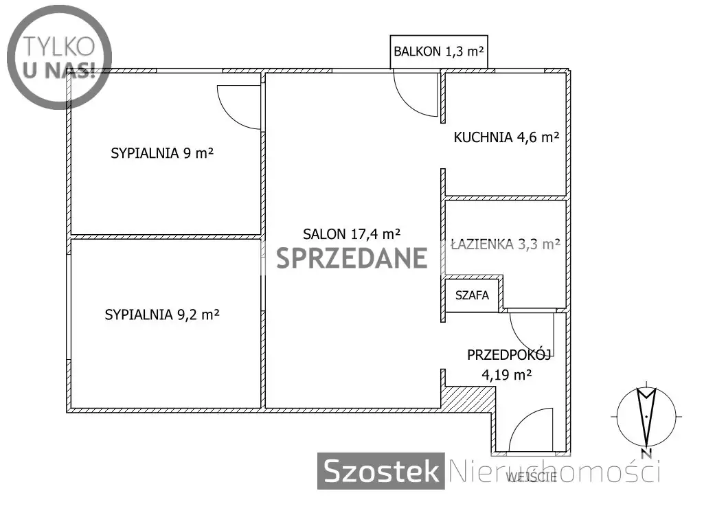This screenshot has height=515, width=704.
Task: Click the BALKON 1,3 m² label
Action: pyautogui.click(x=439, y=51)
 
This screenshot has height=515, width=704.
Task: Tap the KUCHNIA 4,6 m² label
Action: pyautogui.click(x=506, y=137)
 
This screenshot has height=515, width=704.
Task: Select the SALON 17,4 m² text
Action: pyautogui.click(x=352, y=234)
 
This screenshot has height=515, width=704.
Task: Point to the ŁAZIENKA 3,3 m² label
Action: pyautogui.click(x=506, y=244)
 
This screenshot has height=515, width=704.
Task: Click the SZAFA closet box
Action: pyautogui.click(x=472, y=295)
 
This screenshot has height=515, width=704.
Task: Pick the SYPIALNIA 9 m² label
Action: pyautogui.click(x=162, y=153)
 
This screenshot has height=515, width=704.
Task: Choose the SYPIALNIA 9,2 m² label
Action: pyautogui.click(x=162, y=314)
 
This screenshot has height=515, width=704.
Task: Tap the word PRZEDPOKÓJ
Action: pyautogui.click(x=509, y=355)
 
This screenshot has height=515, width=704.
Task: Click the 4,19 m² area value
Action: pyautogui.click(x=507, y=374)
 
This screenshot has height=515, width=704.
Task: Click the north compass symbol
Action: pyautogui.click(x=646, y=417)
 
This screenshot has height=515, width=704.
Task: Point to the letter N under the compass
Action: pyautogui.click(x=646, y=453)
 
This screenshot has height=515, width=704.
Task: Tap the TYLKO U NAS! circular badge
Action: pyautogui.click(x=59, y=57)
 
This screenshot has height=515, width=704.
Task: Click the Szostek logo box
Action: pyautogui.click(x=381, y=471)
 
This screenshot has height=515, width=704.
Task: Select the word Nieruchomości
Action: pyautogui.click(x=554, y=472)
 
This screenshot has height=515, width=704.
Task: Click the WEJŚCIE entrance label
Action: pyautogui.click(x=532, y=477)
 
